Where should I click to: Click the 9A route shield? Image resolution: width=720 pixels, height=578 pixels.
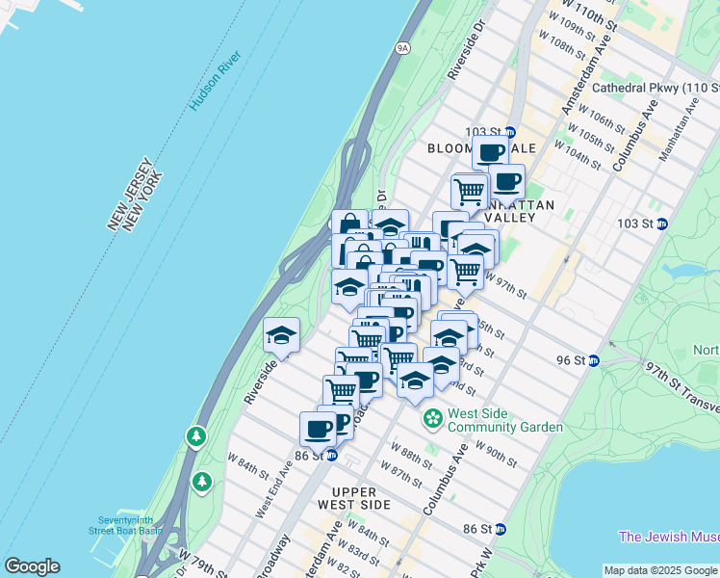coord(402,46)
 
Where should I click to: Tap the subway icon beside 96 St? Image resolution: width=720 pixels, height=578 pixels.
coord(594,360)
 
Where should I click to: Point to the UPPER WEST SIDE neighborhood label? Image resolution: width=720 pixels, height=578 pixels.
coord(354,498)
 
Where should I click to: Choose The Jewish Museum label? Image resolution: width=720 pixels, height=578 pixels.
coord(668,537)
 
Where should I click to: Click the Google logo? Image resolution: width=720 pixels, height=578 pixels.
coord(32,566)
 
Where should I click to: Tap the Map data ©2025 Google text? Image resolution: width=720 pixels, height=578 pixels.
coord(660,570)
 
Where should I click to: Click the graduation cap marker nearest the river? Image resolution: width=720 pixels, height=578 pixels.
coord(281,334)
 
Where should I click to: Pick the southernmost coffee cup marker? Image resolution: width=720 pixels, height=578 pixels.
coord(318,429)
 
